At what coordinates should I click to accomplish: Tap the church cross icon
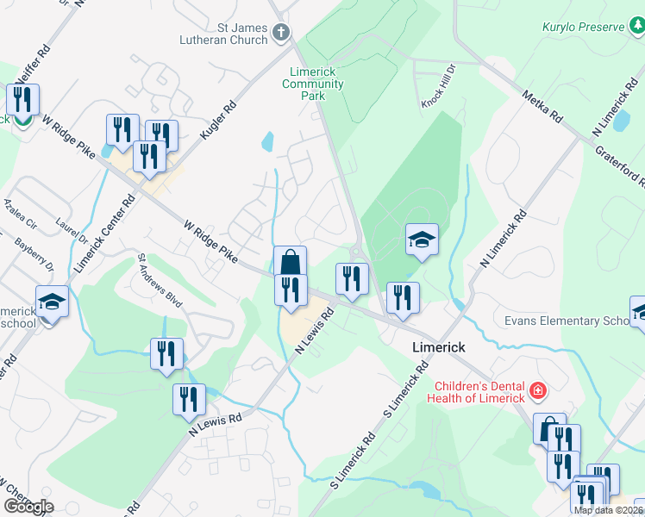tap(280, 34)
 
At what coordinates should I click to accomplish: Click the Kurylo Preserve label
tap(583, 28)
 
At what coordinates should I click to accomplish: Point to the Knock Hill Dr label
tap(437, 97)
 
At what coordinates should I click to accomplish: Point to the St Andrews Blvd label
tap(161, 281)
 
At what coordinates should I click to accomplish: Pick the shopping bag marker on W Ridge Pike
tap(291, 262)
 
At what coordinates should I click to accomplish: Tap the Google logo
tap(28, 506)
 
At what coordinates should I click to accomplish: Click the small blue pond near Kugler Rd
tap(267, 140)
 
